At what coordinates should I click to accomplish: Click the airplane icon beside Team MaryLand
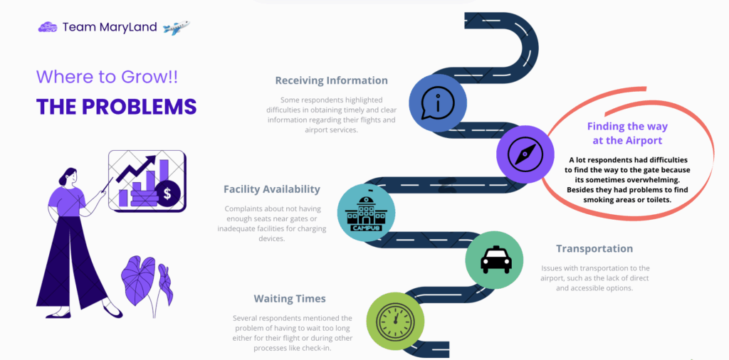point(176,28)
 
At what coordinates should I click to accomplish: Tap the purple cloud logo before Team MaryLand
point(48,27)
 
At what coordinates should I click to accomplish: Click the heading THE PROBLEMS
point(116,106)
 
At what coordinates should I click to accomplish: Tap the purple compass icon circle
point(525,154)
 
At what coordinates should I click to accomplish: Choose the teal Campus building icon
point(366,211)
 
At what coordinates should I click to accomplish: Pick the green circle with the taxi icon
point(495,260)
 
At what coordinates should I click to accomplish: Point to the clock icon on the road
point(395,321)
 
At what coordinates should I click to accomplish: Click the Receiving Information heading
point(331,80)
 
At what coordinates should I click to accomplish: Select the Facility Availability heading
point(272,189)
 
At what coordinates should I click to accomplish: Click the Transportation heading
point(594,249)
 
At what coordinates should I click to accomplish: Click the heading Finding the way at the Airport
point(617,133)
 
